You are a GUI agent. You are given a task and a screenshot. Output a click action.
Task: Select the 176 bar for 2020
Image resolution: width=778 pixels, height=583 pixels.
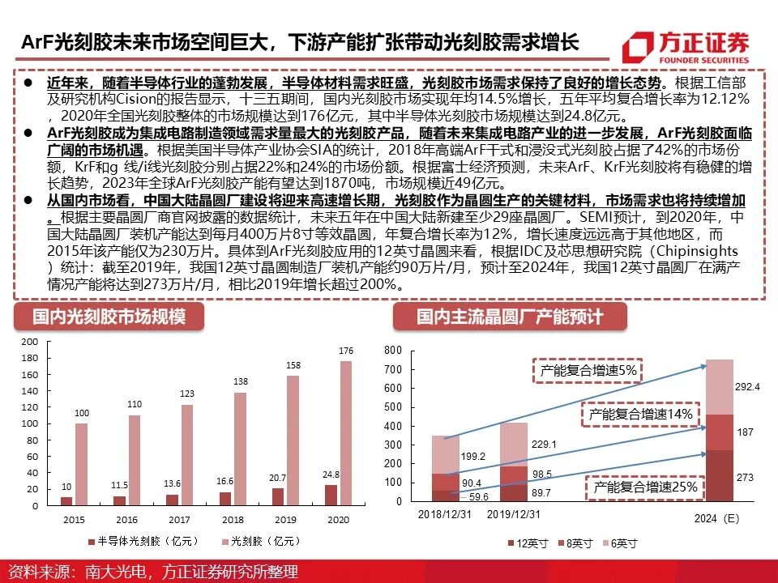[x=346, y=433]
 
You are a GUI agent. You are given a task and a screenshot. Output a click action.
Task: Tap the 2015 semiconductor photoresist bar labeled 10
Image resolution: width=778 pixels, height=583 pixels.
[x=66, y=501]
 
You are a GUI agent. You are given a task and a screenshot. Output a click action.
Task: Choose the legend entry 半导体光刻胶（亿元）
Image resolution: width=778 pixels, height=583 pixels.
[x=134, y=540]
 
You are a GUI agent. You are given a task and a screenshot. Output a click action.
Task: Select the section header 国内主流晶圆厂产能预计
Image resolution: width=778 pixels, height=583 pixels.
[x=510, y=316]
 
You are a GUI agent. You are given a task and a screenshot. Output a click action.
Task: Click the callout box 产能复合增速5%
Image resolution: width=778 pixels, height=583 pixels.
[x=588, y=370]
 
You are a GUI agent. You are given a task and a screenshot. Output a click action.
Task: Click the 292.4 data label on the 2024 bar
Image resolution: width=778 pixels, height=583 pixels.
[x=746, y=386]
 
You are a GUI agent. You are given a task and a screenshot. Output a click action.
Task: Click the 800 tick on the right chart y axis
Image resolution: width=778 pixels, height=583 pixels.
[x=393, y=351]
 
